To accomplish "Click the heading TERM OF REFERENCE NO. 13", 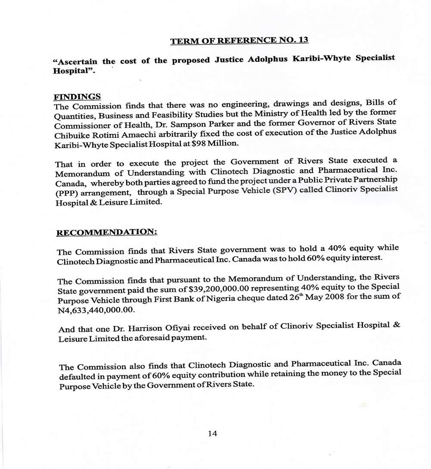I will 239,40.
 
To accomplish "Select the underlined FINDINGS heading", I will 77,97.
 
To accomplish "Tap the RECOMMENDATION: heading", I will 107,232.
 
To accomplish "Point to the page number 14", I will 212,433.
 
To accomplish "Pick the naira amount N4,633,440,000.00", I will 93,309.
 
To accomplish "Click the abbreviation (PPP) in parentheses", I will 66,193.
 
